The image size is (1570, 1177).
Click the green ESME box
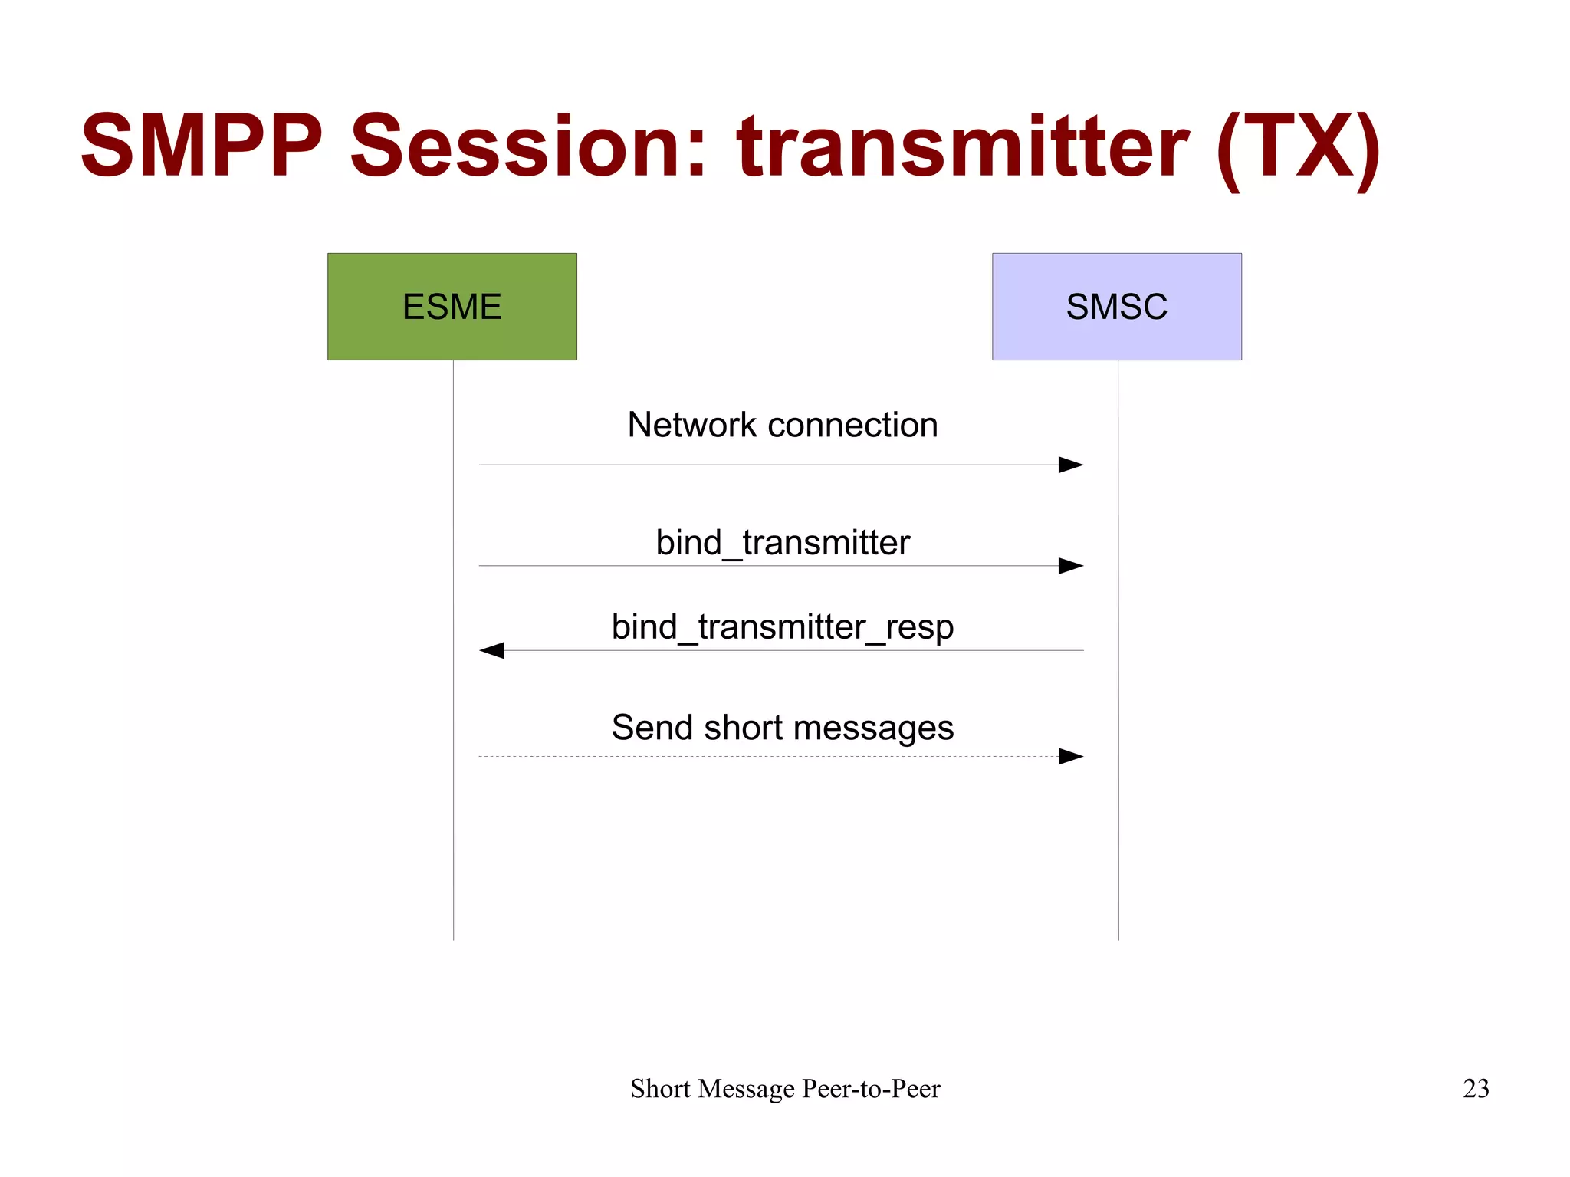[452, 307]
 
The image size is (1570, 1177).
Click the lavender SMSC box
[1116, 307]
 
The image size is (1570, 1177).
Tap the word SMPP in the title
[202, 146]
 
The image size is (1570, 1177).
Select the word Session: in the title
[528, 146]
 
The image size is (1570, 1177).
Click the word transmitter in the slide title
[963, 146]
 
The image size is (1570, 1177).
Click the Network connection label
[782, 425]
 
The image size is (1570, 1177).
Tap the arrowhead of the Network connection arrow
[1071, 465]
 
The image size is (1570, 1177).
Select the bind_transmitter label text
[782, 543]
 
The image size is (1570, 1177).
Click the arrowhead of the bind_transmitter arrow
[1071, 566]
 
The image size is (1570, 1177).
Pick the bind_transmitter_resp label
[782, 627]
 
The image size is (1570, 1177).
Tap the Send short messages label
[782, 728]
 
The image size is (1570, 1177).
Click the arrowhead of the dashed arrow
[1071, 756]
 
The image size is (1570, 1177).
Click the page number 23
[1476, 1089]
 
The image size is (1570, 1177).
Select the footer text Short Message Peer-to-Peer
[785, 1089]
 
